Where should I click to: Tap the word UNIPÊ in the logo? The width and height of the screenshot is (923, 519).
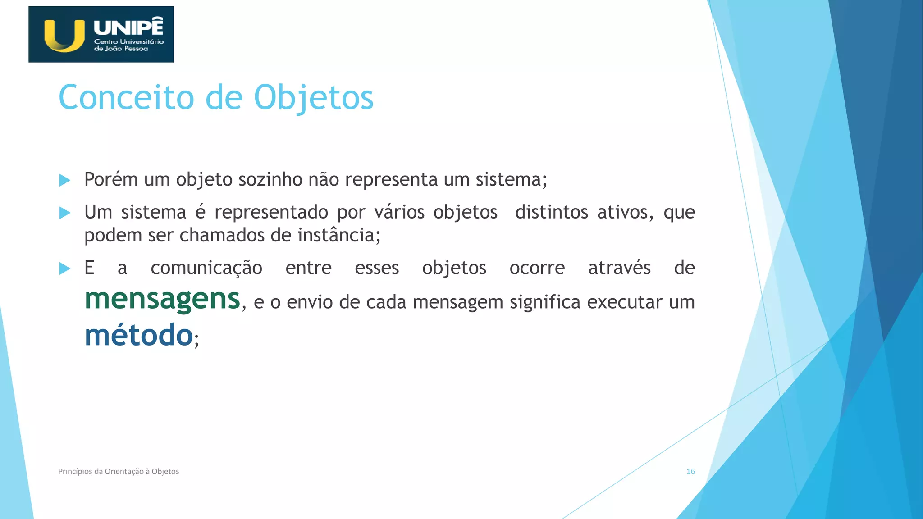tap(128, 27)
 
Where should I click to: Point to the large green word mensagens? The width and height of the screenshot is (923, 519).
tap(162, 299)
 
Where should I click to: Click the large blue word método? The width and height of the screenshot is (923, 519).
tap(139, 335)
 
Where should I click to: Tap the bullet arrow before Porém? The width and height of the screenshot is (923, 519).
tap(65, 180)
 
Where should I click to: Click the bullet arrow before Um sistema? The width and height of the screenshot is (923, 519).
tap(65, 213)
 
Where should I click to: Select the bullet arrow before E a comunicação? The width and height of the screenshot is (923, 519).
tap(65, 269)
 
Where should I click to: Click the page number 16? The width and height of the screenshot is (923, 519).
tap(690, 471)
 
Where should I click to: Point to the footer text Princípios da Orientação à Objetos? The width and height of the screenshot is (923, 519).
tap(119, 471)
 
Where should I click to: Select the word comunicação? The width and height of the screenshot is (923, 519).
tap(206, 268)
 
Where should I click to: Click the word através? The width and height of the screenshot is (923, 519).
tap(619, 268)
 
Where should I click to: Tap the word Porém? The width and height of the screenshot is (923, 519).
tap(111, 179)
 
